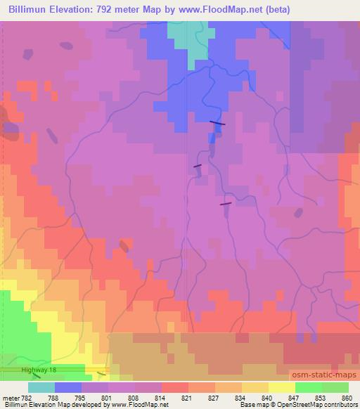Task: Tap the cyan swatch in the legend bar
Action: coord(41,387)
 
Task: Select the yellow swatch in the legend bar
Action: coord(282,387)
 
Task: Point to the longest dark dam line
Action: coord(218,123)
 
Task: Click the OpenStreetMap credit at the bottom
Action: coord(309,405)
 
